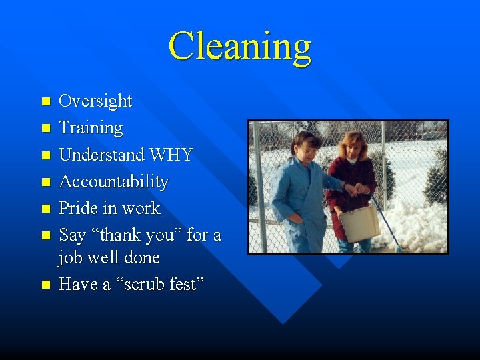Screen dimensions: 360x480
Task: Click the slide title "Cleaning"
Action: coord(240,47)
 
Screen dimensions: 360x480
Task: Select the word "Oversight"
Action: coord(95,101)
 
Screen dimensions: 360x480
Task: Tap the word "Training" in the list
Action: coord(91,128)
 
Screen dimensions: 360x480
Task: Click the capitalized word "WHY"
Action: coord(172,155)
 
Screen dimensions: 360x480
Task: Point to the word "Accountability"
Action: coord(113,181)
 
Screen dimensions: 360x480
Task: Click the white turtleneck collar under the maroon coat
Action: coord(351,161)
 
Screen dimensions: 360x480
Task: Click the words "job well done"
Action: coord(109,257)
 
